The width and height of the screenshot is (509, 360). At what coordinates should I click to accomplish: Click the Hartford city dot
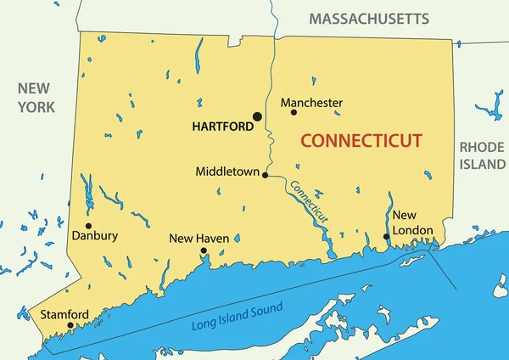(x=257, y=116)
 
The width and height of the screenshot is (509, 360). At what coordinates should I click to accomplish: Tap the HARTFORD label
(x=222, y=127)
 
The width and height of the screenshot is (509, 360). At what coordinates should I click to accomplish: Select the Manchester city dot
(x=294, y=112)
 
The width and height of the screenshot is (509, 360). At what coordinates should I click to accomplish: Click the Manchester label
(x=311, y=103)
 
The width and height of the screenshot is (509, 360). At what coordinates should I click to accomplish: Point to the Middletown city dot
(x=266, y=176)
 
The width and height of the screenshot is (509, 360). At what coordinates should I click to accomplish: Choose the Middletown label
(x=227, y=171)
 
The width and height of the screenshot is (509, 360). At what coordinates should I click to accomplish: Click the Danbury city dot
(x=88, y=226)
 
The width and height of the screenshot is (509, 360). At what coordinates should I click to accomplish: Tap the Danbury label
(x=95, y=236)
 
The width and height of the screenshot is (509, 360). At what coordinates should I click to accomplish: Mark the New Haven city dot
(x=204, y=251)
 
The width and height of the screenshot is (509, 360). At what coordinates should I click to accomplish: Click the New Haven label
(x=199, y=239)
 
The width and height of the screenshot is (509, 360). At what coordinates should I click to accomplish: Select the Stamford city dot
(x=70, y=324)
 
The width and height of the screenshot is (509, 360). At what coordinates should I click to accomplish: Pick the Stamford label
(x=64, y=315)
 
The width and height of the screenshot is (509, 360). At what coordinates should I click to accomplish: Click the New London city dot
(x=386, y=237)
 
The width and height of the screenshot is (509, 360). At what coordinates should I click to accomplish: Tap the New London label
(x=412, y=223)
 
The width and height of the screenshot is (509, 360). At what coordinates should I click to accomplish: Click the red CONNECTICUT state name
(x=362, y=140)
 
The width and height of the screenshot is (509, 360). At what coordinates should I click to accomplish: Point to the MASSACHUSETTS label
(x=369, y=18)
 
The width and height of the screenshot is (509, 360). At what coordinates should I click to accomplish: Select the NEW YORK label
(x=36, y=98)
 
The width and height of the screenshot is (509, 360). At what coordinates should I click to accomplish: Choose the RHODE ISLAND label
(x=482, y=155)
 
